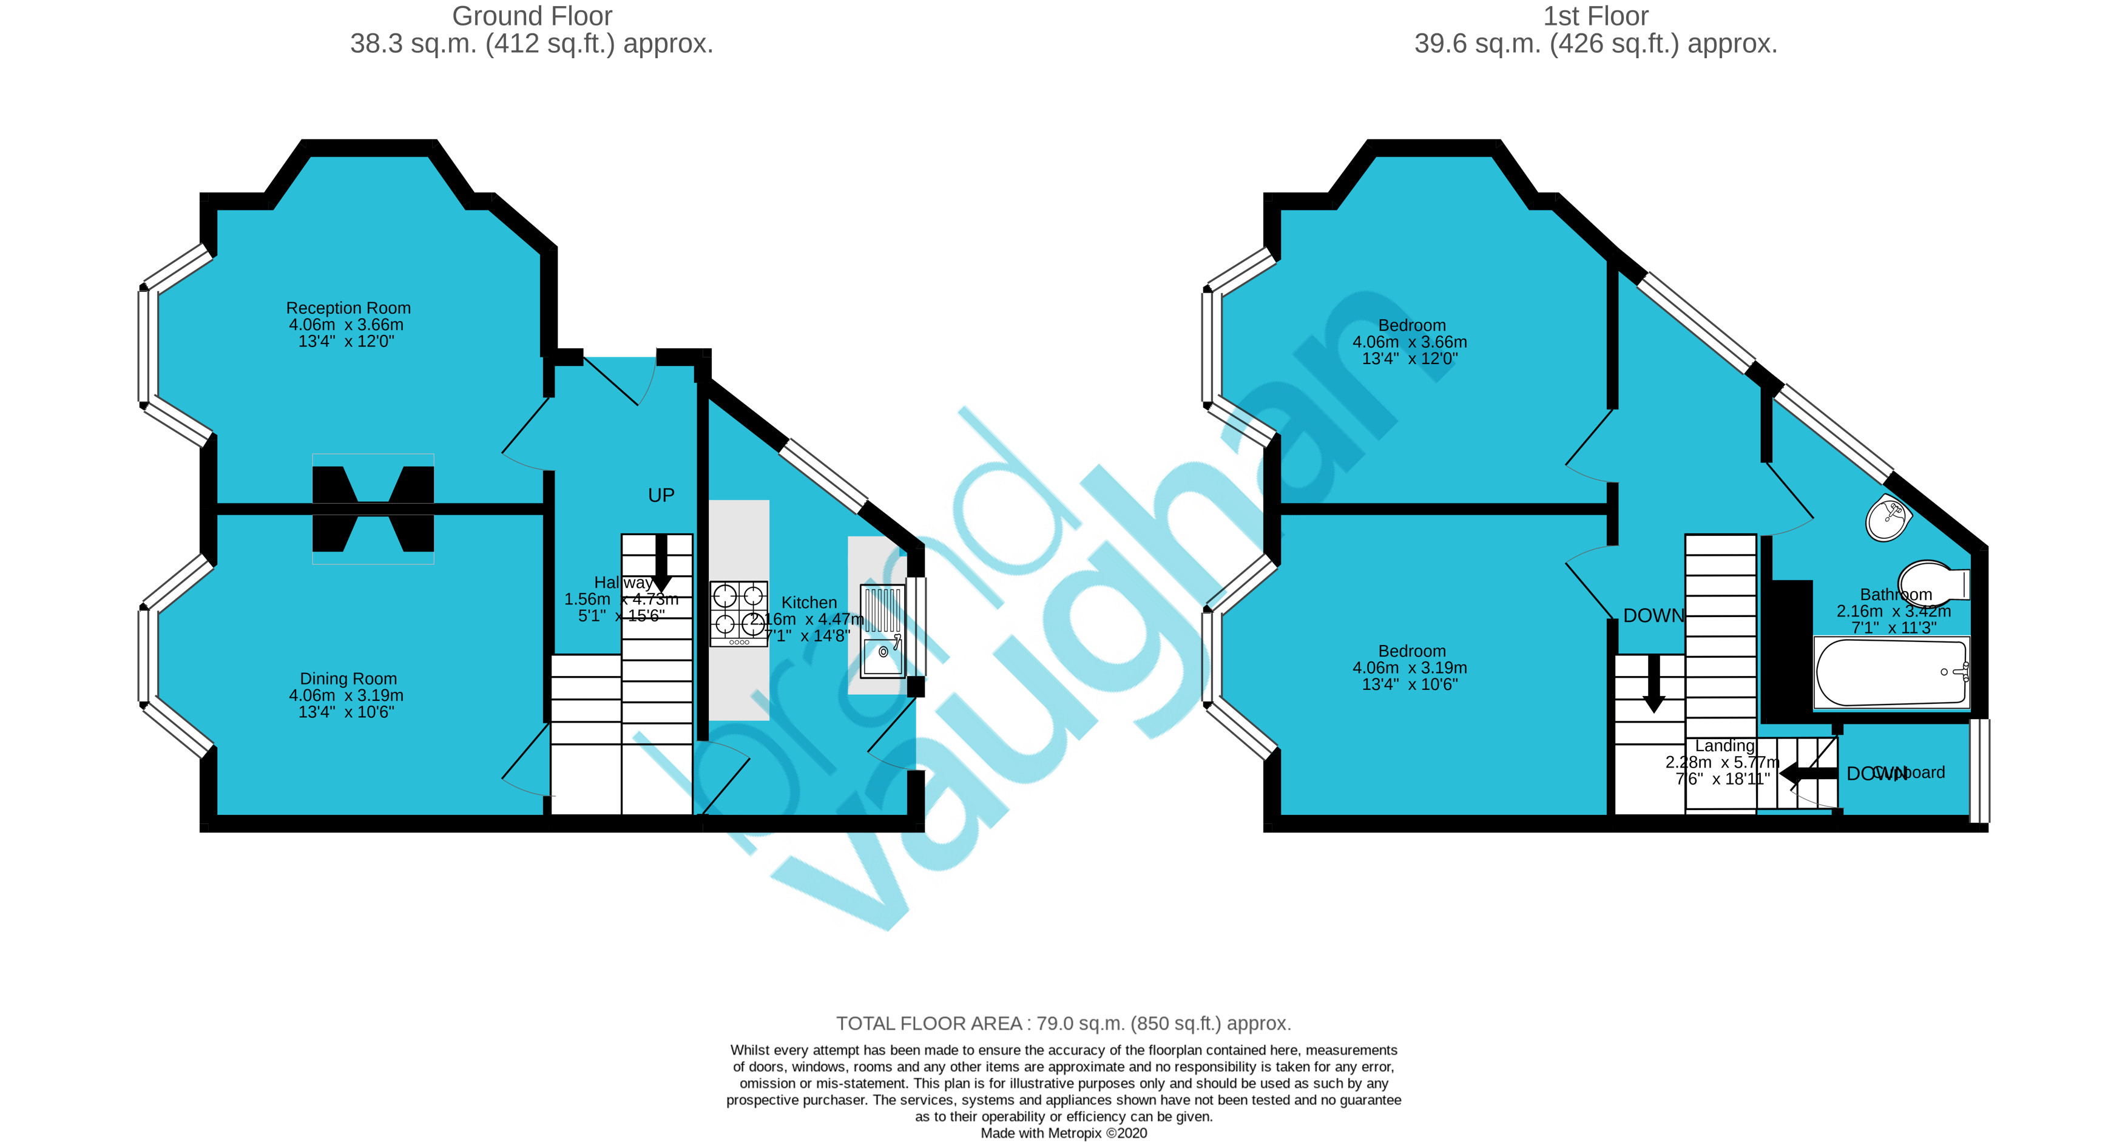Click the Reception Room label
pyautogui.click(x=348, y=308)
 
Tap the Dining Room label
pyautogui.click(x=348, y=678)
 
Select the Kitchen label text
pyautogui.click(x=809, y=603)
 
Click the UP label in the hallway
pyautogui.click(x=661, y=495)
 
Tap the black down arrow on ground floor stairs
pyautogui.click(x=661, y=562)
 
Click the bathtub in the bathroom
pyautogui.click(x=1890, y=672)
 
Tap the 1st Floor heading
pyautogui.click(x=1595, y=16)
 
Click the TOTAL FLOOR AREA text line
pyautogui.click(x=1063, y=1023)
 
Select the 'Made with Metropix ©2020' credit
pyautogui.click(x=1063, y=1133)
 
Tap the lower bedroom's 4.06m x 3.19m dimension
pyautogui.click(x=1410, y=667)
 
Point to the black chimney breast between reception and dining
pyautogui.click(x=373, y=509)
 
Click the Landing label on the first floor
pyautogui.click(x=1724, y=745)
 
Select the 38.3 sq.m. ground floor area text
pyautogui.click(x=531, y=44)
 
